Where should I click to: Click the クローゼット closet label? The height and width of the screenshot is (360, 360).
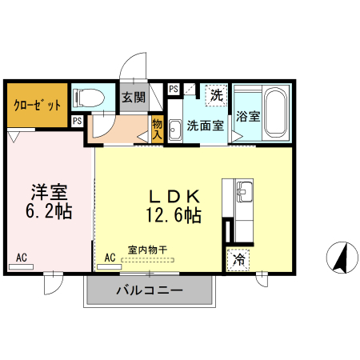(37, 105)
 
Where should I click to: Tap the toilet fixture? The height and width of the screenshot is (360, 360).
(88, 98)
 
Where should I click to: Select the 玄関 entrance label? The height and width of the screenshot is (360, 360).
(134, 98)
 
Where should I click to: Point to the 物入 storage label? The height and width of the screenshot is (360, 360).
(157, 129)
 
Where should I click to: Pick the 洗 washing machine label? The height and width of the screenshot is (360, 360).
(216, 95)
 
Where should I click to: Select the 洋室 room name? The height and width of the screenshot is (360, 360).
(49, 193)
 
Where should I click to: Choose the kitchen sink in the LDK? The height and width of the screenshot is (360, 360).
(245, 192)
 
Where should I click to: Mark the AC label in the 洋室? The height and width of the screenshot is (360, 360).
(22, 258)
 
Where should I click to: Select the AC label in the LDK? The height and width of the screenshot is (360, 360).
(110, 258)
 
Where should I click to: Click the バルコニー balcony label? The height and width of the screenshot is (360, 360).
(150, 290)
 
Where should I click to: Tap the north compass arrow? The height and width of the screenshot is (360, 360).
(339, 258)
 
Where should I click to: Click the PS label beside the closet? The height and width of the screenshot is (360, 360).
(77, 121)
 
